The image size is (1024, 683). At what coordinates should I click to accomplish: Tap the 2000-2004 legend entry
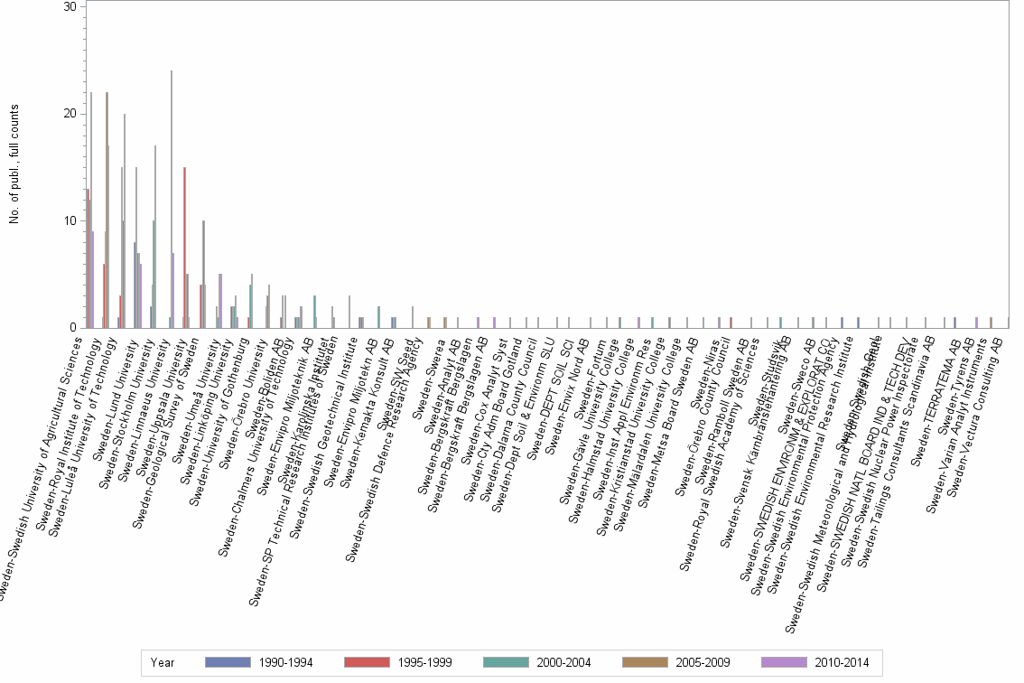pyautogui.click(x=539, y=663)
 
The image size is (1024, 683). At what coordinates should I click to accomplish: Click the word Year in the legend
pyautogui.click(x=163, y=663)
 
